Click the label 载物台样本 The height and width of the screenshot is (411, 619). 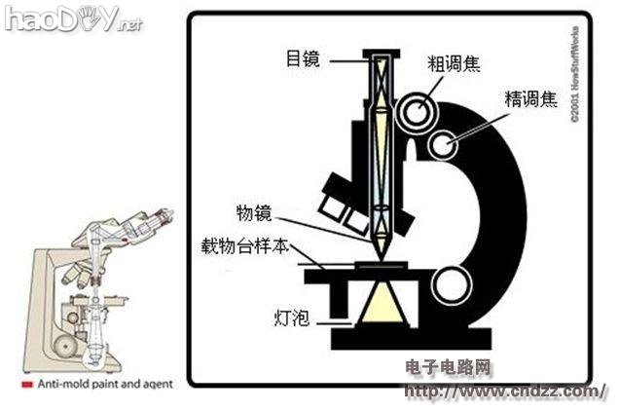click(x=242, y=247)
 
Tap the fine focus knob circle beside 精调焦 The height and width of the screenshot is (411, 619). click(x=449, y=145)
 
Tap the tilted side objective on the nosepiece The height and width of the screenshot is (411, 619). click(x=336, y=200)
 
